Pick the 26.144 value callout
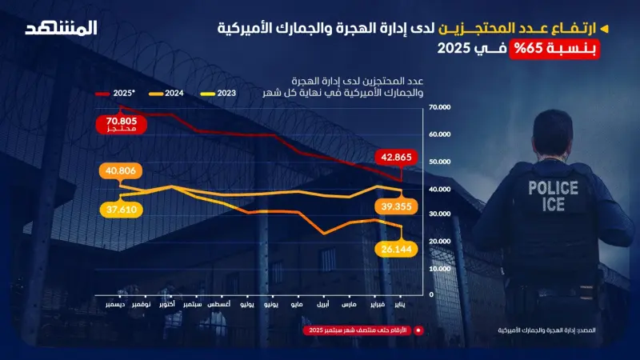point(397,250)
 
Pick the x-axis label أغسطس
point(219,305)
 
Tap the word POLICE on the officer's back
point(552,189)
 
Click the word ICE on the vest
point(552,205)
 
